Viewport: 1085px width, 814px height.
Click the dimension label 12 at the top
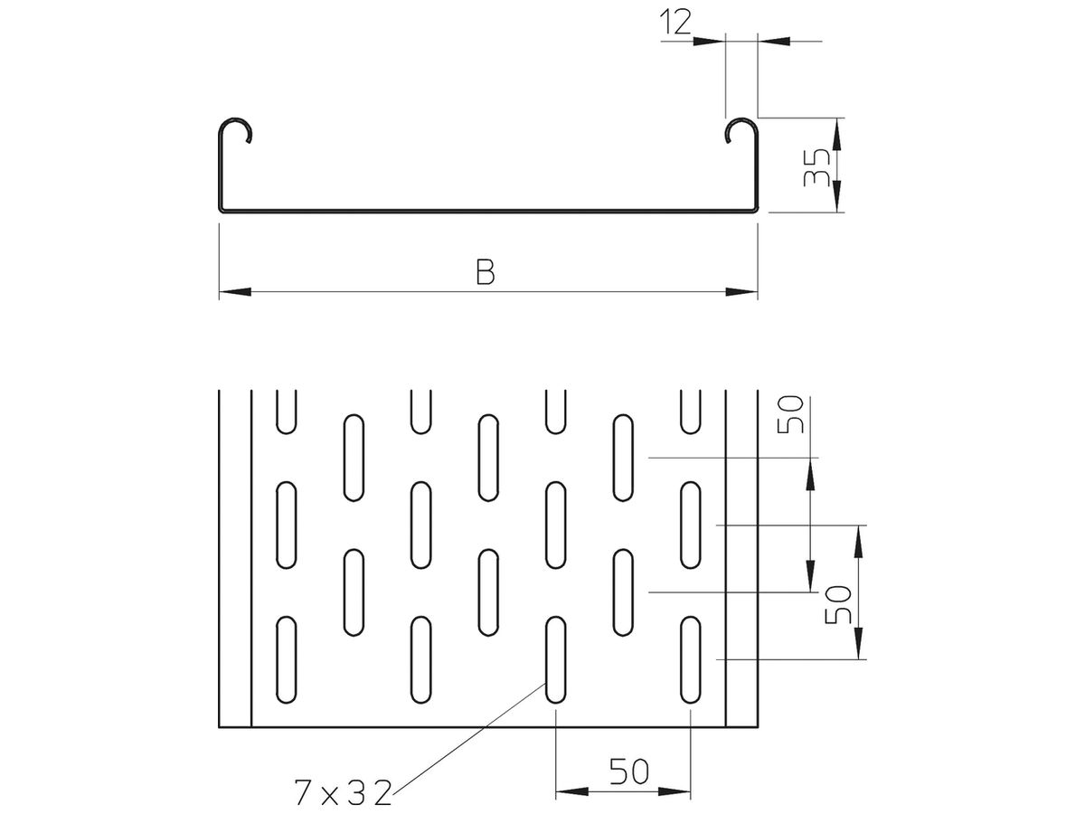[x=675, y=23]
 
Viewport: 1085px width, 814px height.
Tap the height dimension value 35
[x=816, y=167]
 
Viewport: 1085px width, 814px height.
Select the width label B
[x=485, y=272]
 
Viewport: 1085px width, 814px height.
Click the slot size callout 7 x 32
[x=343, y=792]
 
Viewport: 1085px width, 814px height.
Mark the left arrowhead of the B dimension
[x=235, y=291]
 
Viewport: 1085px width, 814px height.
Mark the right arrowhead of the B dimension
[x=741, y=291]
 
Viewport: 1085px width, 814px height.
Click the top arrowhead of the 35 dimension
[x=836, y=134]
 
